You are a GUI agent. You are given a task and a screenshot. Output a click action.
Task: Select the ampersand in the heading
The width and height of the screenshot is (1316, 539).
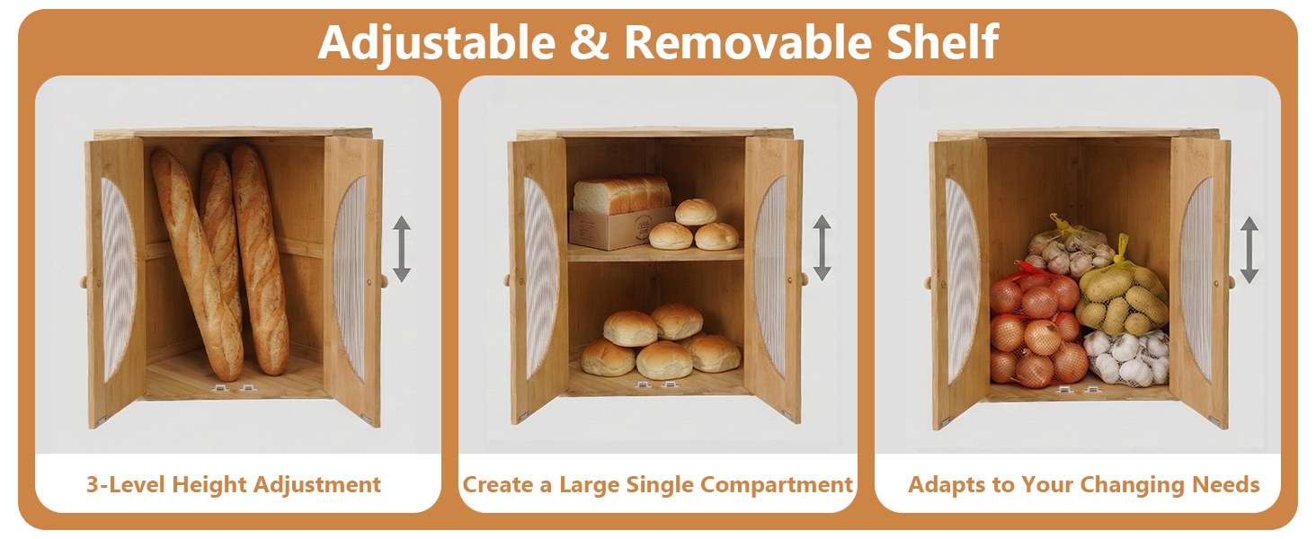coord(589,43)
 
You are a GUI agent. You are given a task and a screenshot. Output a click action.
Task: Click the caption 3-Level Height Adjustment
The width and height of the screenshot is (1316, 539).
coord(234,485)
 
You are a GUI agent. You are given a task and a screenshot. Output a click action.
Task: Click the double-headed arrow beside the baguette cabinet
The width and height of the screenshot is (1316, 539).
coord(401,249)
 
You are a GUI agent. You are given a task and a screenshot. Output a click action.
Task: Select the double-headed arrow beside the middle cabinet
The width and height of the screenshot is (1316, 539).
coord(822,247)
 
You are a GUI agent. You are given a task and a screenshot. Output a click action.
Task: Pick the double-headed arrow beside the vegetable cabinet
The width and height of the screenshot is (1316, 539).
coord(1249,249)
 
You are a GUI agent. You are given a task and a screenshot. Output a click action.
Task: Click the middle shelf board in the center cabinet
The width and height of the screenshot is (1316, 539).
coord(656,254)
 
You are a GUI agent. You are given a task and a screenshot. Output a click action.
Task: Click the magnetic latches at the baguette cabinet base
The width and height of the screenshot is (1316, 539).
coord(232,388)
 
